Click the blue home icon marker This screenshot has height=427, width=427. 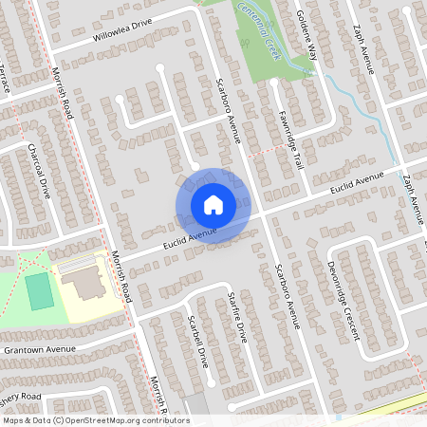213,204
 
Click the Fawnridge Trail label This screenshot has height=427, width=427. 290,137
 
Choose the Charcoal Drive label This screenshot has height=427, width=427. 39,170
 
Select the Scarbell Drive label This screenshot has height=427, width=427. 198,342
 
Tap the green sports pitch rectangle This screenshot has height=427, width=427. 40,290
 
